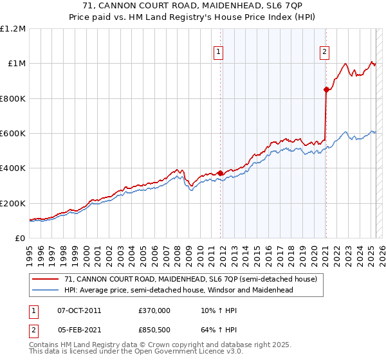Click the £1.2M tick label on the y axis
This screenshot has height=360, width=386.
tap(12, 29)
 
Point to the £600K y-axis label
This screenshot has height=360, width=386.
tap(12, 134)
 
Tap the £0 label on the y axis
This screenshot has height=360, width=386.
tap(19, 239)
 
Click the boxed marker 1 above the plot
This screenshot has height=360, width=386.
tap(219, 53)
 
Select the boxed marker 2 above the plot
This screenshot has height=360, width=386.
tap(324, 53)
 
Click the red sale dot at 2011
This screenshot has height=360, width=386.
tap(221, 173)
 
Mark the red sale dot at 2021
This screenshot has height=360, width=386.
tap(326, 90)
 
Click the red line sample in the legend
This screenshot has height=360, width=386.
tap(46, 280)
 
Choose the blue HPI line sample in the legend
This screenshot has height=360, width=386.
tap(46, 290)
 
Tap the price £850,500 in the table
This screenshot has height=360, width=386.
tap(154, 331)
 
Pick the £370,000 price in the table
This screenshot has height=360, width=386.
tap(154, 310)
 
